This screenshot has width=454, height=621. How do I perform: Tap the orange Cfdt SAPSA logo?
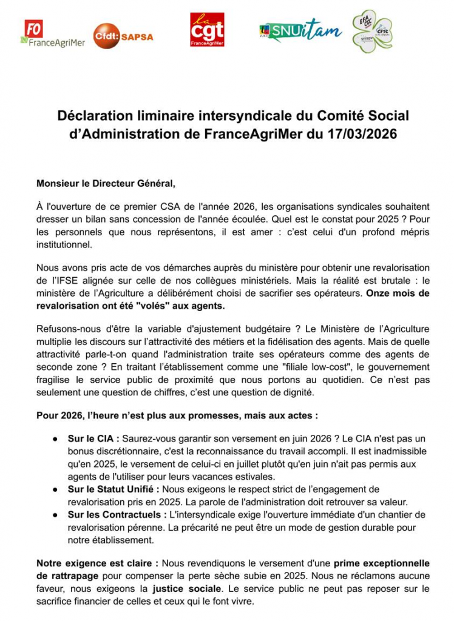click(123, 36)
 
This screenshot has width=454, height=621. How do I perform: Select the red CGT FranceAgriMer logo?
click(207, 31)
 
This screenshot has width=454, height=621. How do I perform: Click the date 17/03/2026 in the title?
click(362, 133)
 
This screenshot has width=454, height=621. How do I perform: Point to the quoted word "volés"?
click(147, 306)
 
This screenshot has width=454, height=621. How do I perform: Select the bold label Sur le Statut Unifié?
click(113, 489)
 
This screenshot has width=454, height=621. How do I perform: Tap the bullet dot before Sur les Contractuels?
click(55, 514)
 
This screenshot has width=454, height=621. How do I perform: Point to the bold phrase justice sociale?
click(186, 588)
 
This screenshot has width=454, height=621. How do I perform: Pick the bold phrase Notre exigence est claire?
click(97, 563)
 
